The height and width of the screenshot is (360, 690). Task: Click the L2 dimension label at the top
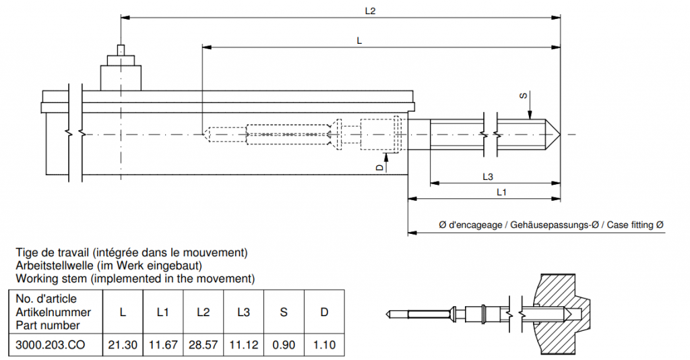coord(370,10)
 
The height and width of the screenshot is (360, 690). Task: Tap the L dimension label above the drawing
coord(359,40)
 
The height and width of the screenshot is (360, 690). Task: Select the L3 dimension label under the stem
coord(489,177)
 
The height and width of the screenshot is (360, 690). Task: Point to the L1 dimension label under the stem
coord(502,193)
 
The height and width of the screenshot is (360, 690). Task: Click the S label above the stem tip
coord(524,96)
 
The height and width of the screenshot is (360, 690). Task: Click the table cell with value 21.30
coord(123,344)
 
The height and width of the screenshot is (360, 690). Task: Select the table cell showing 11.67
coord(162,344)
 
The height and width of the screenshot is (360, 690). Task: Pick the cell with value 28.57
coord(203,344)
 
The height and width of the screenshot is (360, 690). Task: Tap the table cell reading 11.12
coord(243,344)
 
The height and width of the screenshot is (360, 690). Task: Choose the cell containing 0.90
coord(284,344)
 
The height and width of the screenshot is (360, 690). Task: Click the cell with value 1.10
coord(324,344)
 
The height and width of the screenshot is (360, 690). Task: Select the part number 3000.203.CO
coord(53,344)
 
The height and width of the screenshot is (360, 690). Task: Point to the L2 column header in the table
coord(203,312)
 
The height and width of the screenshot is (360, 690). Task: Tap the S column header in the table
coord(284,312)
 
